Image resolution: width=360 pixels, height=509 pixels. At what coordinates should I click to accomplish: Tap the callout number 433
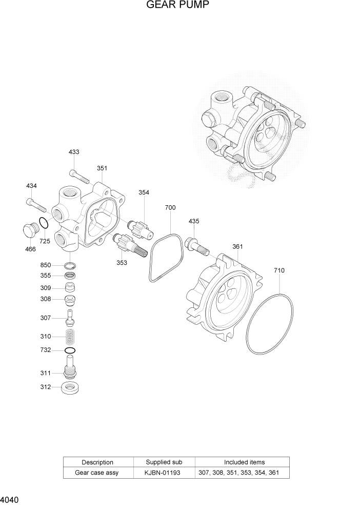74,152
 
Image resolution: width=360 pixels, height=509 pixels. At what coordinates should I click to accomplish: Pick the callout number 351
102,168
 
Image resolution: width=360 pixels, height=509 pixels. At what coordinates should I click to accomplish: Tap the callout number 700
170,208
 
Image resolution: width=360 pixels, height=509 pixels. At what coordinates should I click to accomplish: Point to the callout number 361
237,247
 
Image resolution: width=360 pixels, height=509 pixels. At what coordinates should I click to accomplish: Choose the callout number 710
279,270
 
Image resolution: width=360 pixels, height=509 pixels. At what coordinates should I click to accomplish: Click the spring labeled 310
70,337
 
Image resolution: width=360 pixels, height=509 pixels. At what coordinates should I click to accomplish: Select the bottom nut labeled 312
70,387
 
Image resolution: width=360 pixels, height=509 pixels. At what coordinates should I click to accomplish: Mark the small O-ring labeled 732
70,350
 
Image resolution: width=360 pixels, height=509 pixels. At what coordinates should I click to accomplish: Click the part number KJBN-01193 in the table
164,473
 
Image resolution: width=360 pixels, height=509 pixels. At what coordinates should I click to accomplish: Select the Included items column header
244,462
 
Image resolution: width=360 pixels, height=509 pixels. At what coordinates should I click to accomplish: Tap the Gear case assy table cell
97,473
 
